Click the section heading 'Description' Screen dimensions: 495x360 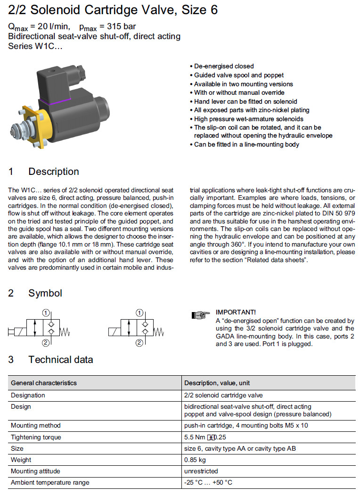pos(53,172)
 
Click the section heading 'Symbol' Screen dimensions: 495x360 pos(45,293)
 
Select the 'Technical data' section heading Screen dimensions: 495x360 pos(60,360)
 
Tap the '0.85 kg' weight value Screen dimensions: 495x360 pos(195,460)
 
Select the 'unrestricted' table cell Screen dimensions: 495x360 pos(201,471)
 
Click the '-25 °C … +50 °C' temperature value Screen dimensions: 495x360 pos(208,482)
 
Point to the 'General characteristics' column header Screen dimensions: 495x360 pos(44,383)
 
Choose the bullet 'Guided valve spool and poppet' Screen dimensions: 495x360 pos(239,75)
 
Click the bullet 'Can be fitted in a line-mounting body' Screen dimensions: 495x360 pos(246,144)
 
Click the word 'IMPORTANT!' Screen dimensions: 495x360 pos(236,312)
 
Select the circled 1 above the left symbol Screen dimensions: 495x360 pos(46,313)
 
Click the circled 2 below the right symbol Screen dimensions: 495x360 pos(139,343)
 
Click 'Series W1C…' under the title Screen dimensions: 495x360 pos(35,46)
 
